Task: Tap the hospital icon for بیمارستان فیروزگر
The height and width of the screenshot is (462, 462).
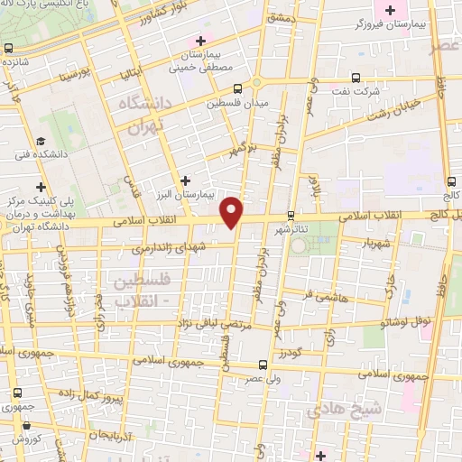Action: coord(391,11)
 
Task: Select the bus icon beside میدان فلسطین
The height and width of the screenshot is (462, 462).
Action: coord(237,89)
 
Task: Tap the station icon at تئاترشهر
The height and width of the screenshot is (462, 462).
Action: coord(290,216)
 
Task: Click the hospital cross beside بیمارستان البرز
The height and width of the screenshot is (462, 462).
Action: coord(186,180)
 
